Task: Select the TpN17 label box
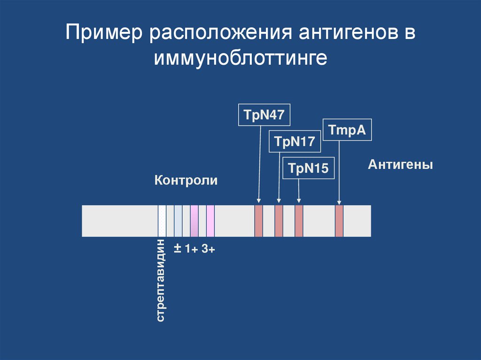click(x=295, y=141)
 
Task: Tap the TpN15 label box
click(x=308, y=168)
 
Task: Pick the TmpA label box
click(x=347, y=130)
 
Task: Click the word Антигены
click(x=400, y=165)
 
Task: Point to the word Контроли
click(x=186, y=180)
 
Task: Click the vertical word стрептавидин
click(x=161, y=281)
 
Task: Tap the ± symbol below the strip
click(x=178, y=248)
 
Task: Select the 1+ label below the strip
click(x=191, y=249)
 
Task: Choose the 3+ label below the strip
click(x=209, y=249)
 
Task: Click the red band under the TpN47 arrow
click(x=258, y=221)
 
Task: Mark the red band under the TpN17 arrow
click(x=279, y=221)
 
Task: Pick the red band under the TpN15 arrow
click(x=299, y=221)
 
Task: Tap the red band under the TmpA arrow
click(x=339, y=221)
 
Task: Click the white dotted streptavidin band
click(x=162, y=221)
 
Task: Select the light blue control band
click(x=178, y=221)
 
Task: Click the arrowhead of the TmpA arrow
click(x=339, y=202)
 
